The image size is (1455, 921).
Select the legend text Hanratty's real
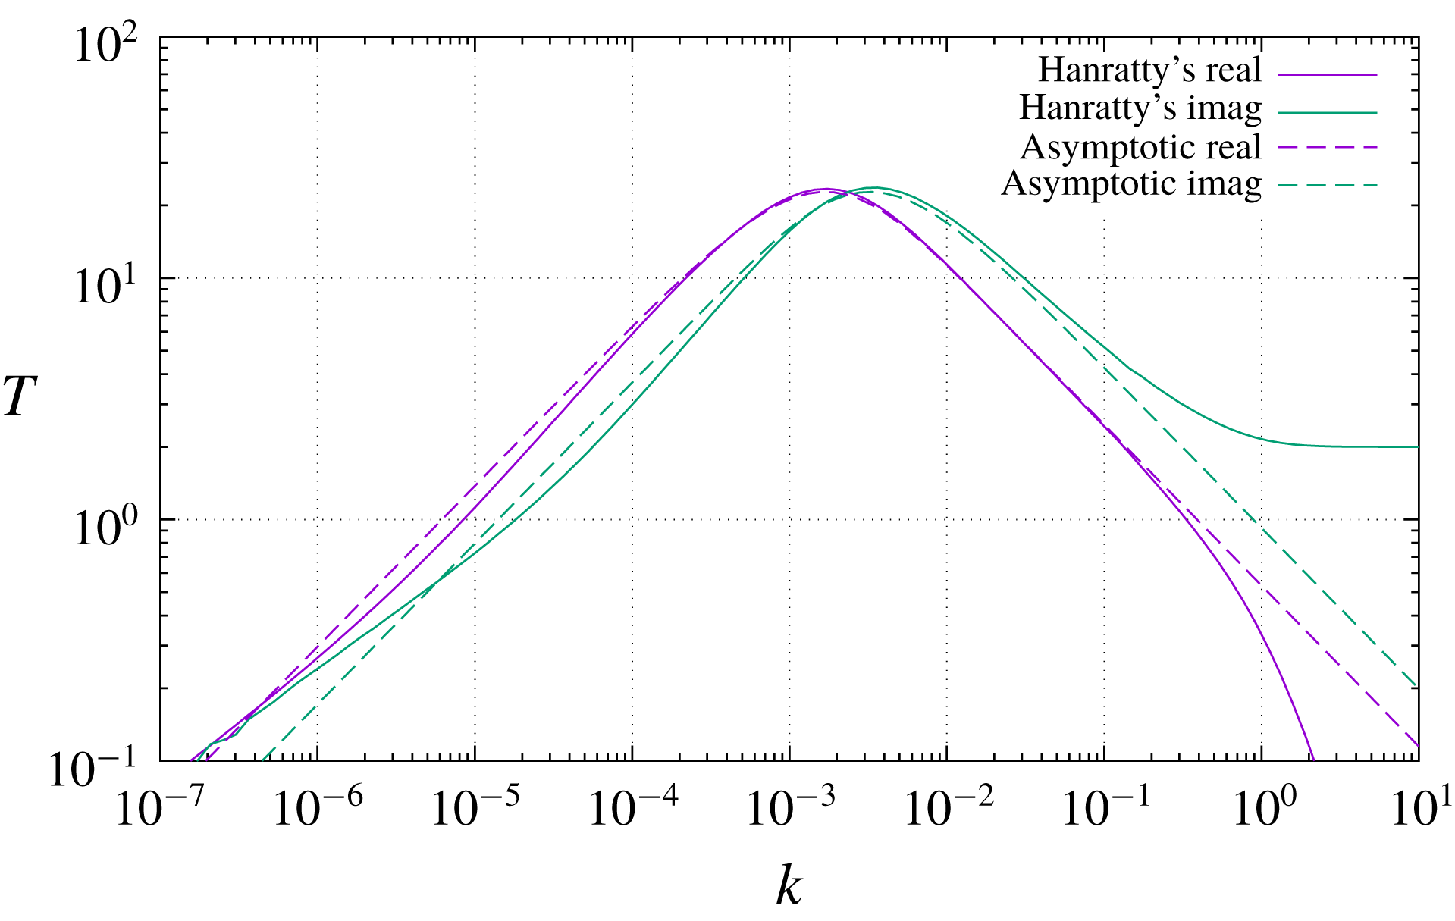pyautogui.click(x=1149, y=70)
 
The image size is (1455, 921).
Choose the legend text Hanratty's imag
pyautogui.click(x=1140, y=108)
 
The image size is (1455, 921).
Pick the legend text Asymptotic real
pyautogui.click(x=1140, y=147)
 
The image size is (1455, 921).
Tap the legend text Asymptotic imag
pyautogui.click(x=1130, y=184)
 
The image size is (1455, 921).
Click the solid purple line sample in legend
pyautogui.click(x=1327, y=74)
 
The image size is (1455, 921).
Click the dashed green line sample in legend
pyautogui.click(x=1327, y=185)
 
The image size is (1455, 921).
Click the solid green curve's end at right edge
pyautogui.click(x=1416, y=447)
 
